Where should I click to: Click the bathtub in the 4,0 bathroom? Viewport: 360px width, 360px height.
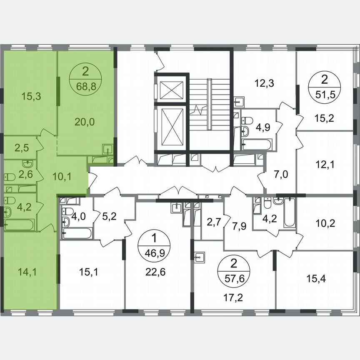(x=77, y=233)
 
